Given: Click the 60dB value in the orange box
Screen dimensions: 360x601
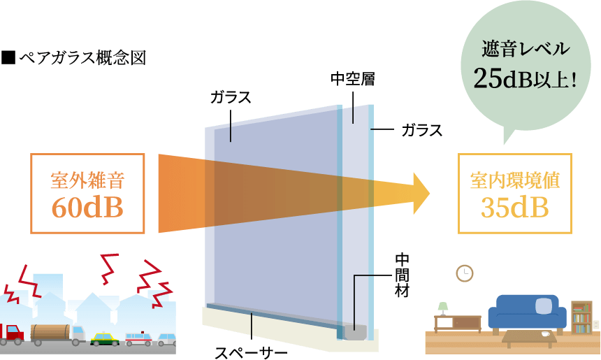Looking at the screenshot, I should (87, 208).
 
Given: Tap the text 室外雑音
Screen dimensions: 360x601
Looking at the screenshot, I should (87, 180).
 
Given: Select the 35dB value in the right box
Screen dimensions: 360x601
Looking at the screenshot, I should (514, 208).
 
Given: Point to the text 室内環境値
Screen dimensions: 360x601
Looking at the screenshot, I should (514, 180).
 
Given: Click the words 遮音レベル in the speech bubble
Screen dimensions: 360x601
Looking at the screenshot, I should (526, 50).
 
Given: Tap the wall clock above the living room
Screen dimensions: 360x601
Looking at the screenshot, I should (465, 273).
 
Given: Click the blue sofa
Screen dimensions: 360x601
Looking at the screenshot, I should (527, 312).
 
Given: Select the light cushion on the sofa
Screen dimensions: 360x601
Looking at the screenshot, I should (543, 305).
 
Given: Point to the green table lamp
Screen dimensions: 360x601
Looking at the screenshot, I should (442, 308).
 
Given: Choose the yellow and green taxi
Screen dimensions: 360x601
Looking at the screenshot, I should (106, 338).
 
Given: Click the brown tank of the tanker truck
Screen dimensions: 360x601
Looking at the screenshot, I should (50, 333).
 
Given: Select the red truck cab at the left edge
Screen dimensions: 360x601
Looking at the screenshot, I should (10, 334).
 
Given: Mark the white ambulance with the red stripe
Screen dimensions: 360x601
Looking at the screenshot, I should (138, 339).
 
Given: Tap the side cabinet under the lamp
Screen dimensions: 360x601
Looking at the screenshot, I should (457, 323).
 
